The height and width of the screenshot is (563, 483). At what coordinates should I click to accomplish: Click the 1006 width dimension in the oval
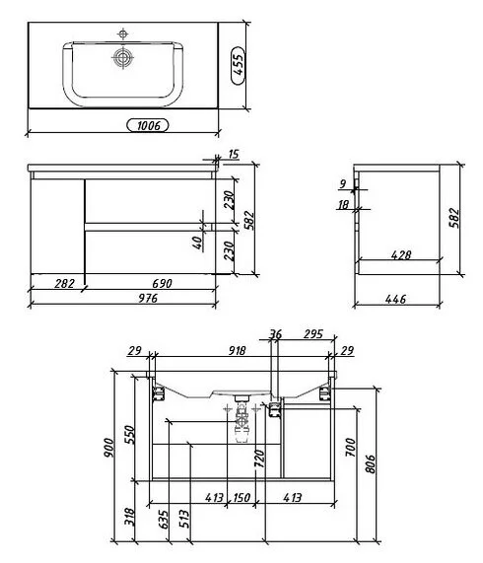point(148,125)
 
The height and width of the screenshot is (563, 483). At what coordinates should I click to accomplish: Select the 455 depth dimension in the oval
point(238,65)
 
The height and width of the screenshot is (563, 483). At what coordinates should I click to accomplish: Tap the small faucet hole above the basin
point(123,35)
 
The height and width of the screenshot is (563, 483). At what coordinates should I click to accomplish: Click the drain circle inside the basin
point(123,57)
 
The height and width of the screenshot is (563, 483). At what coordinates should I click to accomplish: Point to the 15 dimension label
point(234,155)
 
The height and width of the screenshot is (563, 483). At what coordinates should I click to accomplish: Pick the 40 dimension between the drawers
point(197,244)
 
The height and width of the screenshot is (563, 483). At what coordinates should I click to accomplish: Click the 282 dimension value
point(65,284)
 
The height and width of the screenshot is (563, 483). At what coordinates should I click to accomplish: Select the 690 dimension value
point(163,284)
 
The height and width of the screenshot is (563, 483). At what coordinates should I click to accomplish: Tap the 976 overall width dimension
point(148,299)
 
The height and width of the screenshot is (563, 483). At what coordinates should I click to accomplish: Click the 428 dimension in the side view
point(401,255)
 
